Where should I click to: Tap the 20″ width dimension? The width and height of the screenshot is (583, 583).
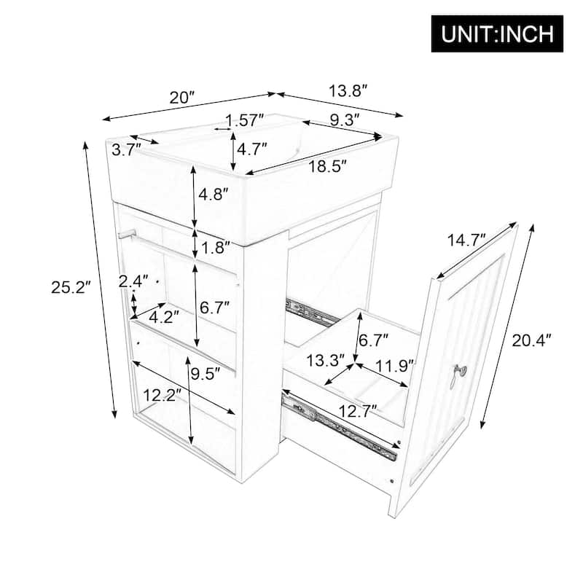tap(182, 97)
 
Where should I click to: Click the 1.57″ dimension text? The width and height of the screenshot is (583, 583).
tap(244, 120)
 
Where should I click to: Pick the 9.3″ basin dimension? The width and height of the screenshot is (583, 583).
tap(343, 119)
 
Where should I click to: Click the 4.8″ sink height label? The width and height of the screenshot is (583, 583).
tap(214, 194)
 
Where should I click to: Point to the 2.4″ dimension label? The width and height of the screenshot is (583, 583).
tap(133, 281)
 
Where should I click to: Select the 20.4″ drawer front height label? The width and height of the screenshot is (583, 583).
tap(532, 339)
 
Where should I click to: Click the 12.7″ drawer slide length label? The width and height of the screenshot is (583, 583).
tap(359, 410)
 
